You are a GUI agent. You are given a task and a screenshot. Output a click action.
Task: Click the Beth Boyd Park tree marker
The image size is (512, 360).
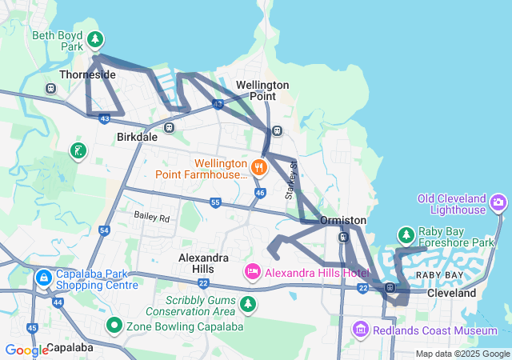tap(95, 38)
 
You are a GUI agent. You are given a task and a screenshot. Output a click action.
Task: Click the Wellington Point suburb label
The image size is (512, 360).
tap(262, 90)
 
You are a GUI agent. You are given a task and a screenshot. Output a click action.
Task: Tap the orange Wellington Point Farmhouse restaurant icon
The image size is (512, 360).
tap(258, 167)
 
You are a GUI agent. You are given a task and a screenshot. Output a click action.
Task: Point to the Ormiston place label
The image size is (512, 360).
tap(342, 220)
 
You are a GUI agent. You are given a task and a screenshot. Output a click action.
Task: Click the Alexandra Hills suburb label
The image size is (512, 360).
tap(203, 263)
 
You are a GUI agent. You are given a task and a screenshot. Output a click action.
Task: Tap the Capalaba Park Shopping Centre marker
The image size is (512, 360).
tap(43, 278)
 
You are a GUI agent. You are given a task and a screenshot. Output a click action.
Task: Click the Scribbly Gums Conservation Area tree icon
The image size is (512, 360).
tap(248, 304)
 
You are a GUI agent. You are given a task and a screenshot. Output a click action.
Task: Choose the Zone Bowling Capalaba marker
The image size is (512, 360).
tap(114, 326)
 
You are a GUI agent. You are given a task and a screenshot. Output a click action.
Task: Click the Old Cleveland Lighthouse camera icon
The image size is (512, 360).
tap(499, 203)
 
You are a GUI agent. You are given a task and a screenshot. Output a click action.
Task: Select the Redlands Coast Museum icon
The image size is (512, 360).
tap(359, 330)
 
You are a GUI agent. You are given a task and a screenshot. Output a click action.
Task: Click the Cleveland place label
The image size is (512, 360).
tap(451, 294)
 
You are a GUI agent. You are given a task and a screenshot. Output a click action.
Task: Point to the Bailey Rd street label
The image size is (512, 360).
tap(152, 217)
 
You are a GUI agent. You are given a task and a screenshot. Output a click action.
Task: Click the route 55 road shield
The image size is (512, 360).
tap(215, 203)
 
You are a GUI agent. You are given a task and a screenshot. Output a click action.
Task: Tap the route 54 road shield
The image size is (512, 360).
tap(105, 230)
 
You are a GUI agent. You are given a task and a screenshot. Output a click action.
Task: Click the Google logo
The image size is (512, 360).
tap(26, 350)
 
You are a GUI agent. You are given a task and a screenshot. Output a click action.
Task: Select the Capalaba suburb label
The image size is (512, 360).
tap(70, 348)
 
